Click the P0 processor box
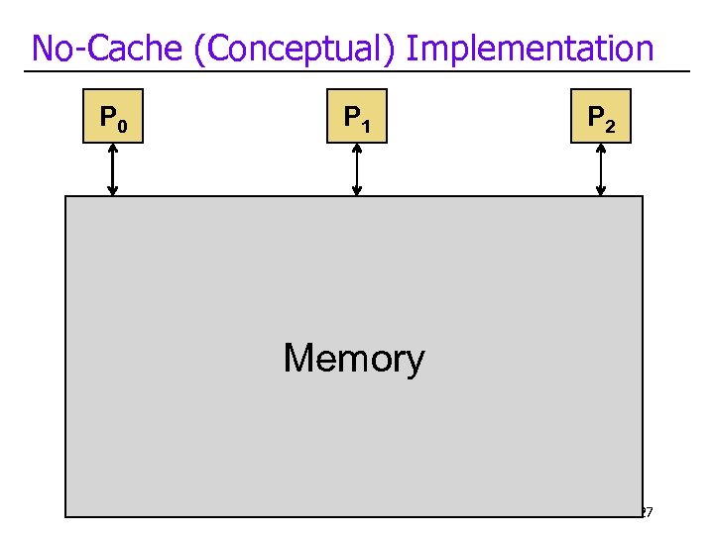[x=113, y=117]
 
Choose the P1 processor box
[x=357, y=117]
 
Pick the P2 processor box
[x=601, y=117]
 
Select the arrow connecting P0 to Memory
[x=113, y=169]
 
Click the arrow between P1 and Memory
[x=357, y=169]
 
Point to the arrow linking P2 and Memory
[x=601, y=169]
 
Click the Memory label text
[x=354, y=358]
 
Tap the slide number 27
[x=645, y=512]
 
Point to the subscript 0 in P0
[x=122, y=126]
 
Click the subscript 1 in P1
[x=366, y=126]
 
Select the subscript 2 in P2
[x=610, y=126]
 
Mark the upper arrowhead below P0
[x=113, y=150]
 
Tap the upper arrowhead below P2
[x=601, y=150]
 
